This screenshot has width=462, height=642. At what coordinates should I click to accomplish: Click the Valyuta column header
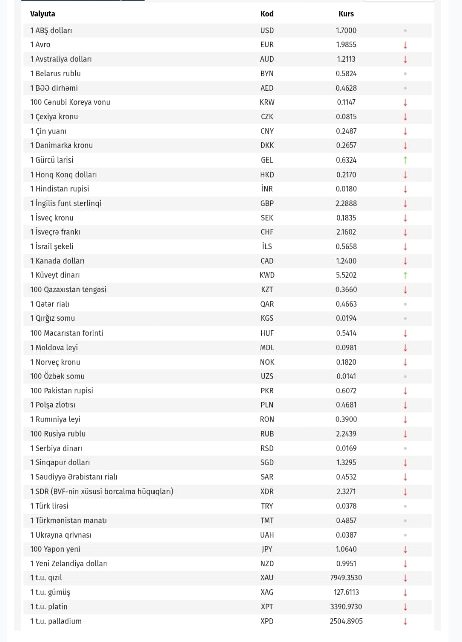coord(43,14)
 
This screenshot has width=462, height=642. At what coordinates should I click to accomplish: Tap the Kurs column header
coord(346,14)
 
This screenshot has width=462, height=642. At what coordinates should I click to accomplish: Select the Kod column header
coord(267,14)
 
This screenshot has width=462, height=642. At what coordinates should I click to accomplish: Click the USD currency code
coord(267,30)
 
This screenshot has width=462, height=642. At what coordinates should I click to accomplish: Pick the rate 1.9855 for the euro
coord(346,45)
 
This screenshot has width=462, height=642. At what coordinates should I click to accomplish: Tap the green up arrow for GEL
coord(405,160)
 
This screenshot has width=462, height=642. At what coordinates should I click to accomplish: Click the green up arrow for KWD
coord(405,275)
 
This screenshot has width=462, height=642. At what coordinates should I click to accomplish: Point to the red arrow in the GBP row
coord(405,203)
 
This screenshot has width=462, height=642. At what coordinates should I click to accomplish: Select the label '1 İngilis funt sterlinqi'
coord(66,203)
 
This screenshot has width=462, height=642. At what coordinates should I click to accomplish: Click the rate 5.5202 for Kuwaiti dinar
coord(346,275)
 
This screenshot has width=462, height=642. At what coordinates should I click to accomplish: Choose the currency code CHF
coord(267,232)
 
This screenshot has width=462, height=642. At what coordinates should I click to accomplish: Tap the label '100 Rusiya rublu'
coord(58,434)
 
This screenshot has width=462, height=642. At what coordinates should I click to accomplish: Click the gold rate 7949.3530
coord(346,578)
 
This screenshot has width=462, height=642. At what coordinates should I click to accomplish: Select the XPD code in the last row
coord(267,621)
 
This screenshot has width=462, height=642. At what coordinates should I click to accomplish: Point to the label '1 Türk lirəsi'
coord(49,506)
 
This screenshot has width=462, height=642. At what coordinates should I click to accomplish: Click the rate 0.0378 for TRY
coord(346,506)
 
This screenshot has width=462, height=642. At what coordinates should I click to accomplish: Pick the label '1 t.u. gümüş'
coord(50,592)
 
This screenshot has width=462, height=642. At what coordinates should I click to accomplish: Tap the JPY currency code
coord(267,549)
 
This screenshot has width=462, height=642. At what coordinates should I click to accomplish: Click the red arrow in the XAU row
coord(405,578)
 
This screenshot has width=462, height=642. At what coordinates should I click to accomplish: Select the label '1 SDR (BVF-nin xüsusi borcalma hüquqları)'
coord(101,492)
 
